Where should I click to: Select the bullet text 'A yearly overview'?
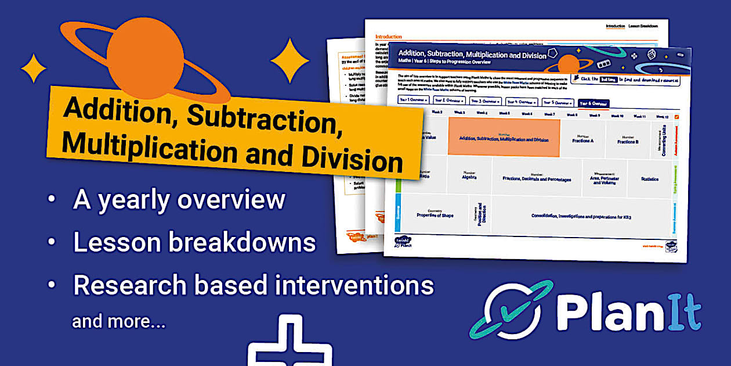[179, 200]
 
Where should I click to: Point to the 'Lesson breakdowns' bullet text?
[194, 242]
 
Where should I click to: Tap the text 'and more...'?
[118, 321]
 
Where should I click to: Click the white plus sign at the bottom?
[289, 343]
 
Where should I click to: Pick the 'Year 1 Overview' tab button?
[412, 100]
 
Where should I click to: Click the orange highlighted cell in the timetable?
[504, 138]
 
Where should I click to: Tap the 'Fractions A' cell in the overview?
[582, 139]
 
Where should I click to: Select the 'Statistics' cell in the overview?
[650, 180]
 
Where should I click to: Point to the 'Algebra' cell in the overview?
[469, 176]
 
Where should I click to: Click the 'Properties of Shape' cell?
[435, 214]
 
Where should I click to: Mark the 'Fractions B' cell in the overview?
[628, 140]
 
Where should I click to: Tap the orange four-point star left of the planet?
[34, 68]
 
